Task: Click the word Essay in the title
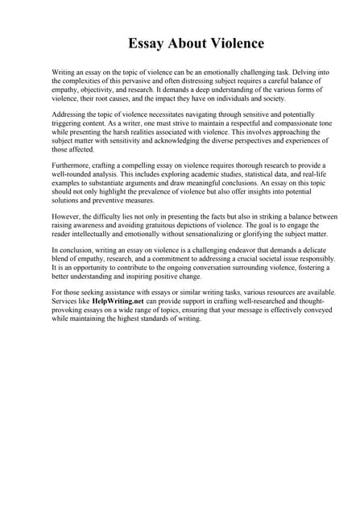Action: (x=149, y=42)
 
